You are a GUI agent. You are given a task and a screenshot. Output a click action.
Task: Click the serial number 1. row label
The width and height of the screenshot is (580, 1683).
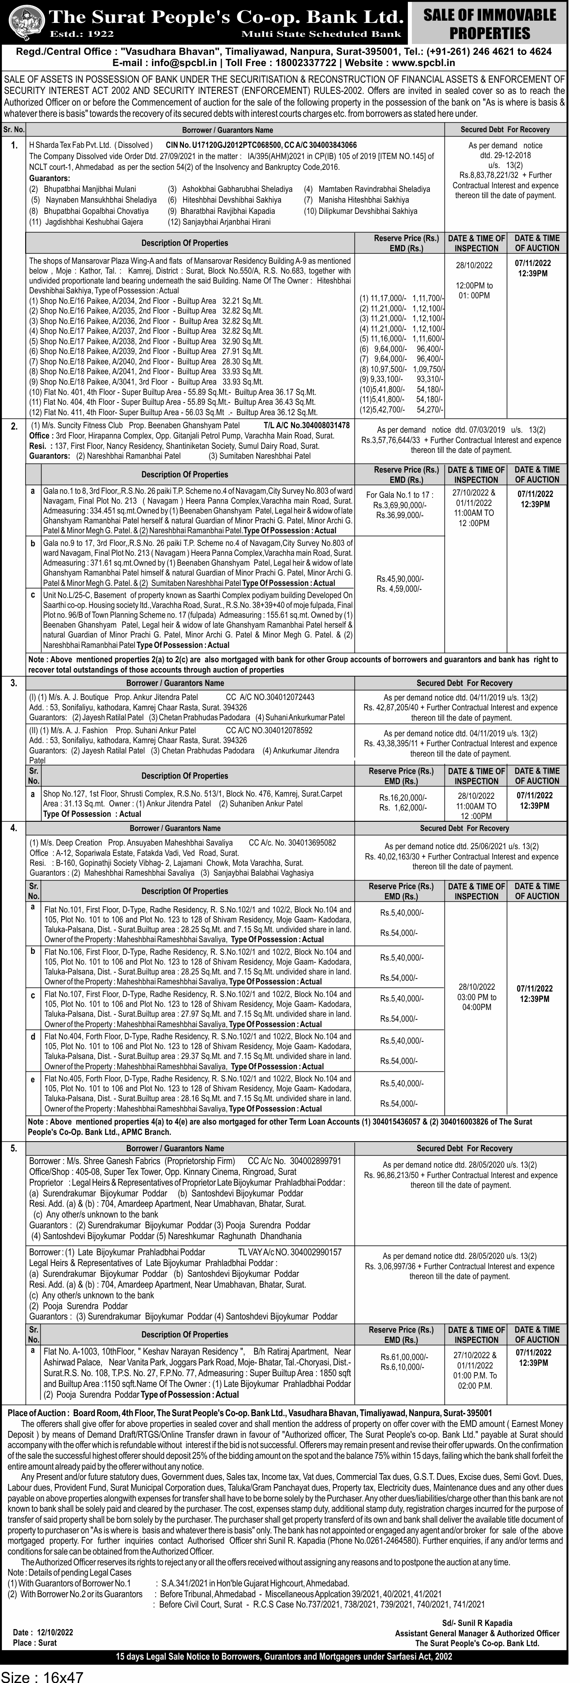pyautogui.click(x=14, y=146)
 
